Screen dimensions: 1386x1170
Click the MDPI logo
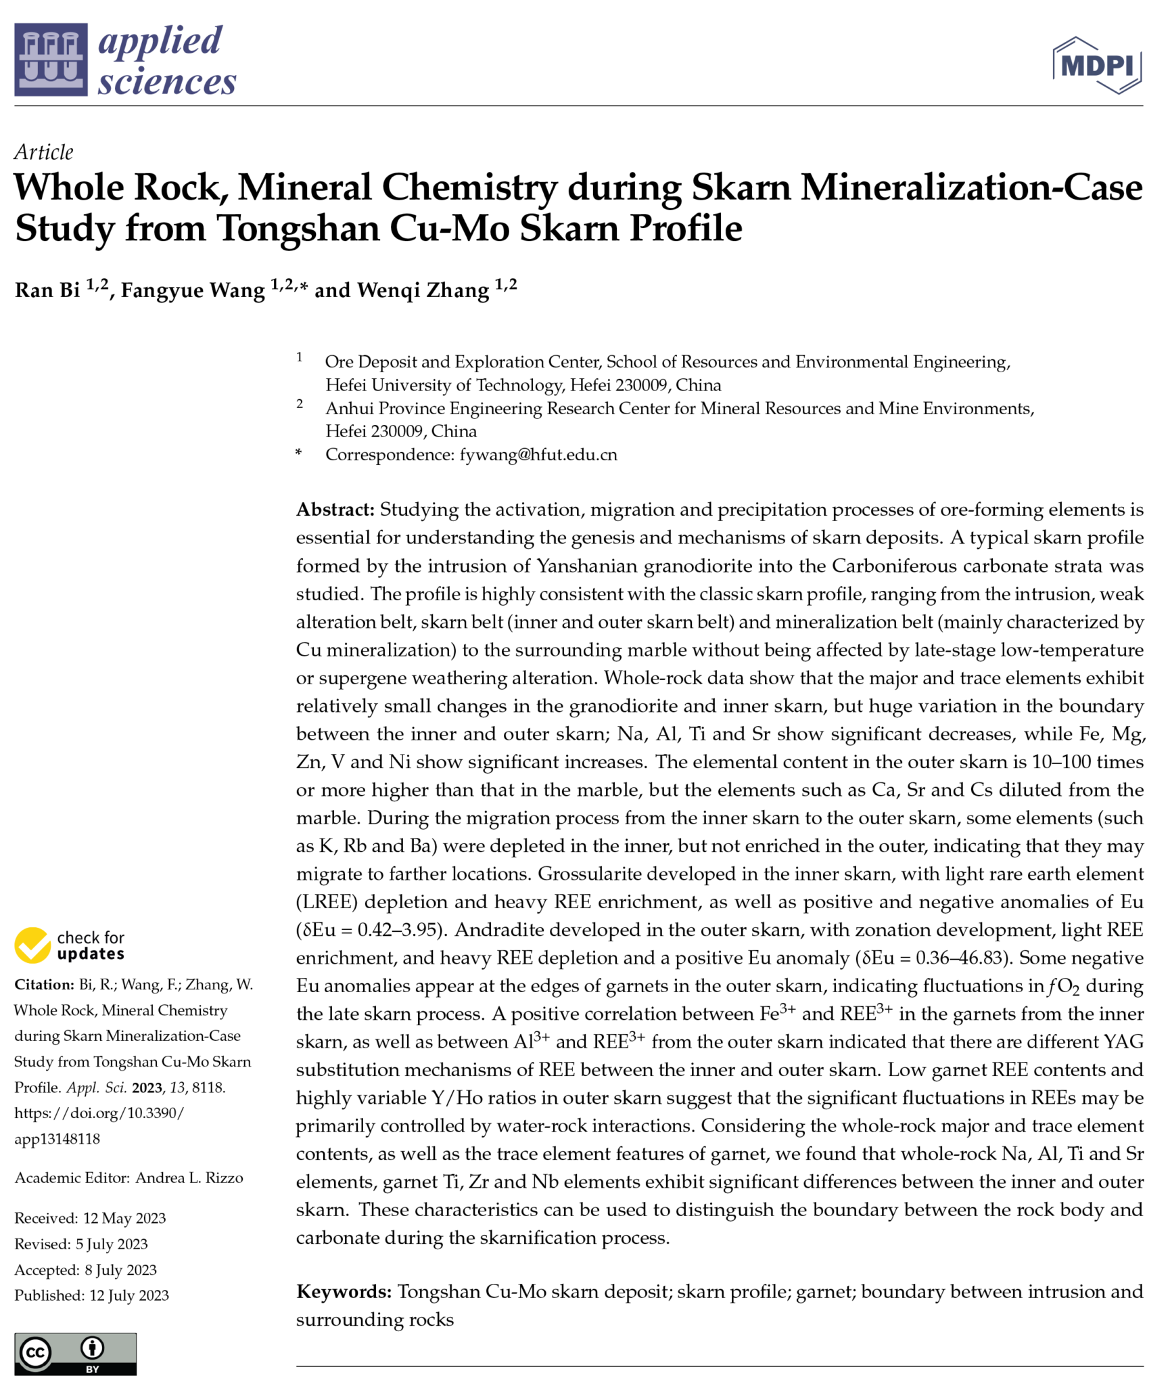[1096, 66]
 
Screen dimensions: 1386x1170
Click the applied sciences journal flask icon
[51, 60]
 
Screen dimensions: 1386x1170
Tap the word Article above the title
[44, 152]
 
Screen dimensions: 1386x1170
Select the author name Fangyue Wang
[193, 290]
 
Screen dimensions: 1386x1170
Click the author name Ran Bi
[47, 290]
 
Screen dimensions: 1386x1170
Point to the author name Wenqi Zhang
[423, 290]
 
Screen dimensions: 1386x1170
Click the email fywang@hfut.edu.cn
[538, 455]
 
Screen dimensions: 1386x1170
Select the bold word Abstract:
[335, 510]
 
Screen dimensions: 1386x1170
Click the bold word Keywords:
[344, 1292]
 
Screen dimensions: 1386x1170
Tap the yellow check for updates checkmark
[32, 945]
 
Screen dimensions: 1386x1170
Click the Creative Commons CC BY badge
[75, 1354]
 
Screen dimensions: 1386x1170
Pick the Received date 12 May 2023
[124, 1219]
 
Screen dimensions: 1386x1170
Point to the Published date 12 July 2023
[128, 1296]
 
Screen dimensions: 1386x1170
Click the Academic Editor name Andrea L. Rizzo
[189, 1178]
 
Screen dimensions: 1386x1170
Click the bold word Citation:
[44, 985]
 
